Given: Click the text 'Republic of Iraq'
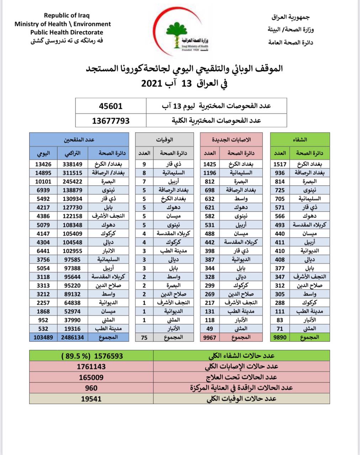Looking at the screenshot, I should click(x=67, y=15).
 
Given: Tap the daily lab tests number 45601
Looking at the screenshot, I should click(x=111, y=106).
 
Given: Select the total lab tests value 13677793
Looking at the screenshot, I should click(x=111, y=121).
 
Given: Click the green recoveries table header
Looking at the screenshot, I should click(x=300, y=140).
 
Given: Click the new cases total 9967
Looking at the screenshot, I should click(x=210, y=337).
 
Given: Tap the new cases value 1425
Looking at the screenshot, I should click(x=210, y=164).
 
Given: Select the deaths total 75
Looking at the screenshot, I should click(x=144, y=337).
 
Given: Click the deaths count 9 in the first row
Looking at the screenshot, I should click(x=144, y=164).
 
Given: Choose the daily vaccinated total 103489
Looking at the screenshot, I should click(x=43, y=337).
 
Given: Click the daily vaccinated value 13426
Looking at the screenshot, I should click(x=43, y=164).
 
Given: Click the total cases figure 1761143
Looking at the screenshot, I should click(x=91, y=366).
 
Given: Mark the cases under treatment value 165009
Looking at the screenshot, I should click(x=91, y=377).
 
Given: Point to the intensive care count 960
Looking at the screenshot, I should click(x=91, y=388).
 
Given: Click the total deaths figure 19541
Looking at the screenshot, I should click(x=91, y=398).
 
